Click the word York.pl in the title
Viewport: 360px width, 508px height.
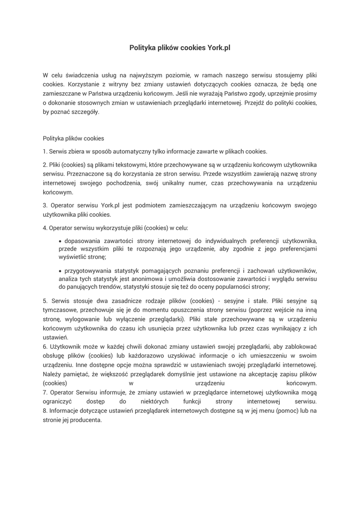point(218,48)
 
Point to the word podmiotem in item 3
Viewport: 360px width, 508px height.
point(144,205)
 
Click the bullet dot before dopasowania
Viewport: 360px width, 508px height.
point(61,241)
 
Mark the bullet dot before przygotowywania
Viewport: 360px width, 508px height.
point(61,271)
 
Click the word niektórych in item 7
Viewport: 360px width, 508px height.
point(154,401)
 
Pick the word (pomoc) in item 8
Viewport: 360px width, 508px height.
point(282,410)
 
